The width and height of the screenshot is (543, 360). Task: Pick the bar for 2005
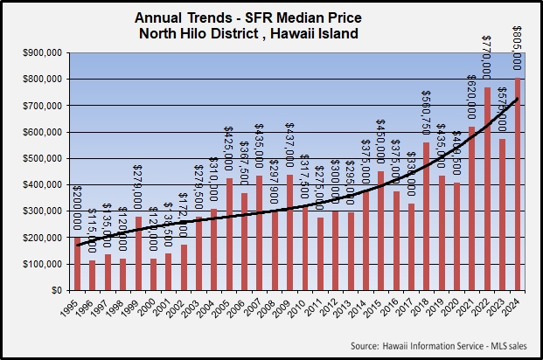[x=229, y=234]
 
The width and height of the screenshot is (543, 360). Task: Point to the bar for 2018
[x=426, y=216]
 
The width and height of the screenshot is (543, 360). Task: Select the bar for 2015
[x=380, y=231]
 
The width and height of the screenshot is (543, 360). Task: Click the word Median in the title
[x=282, y=16]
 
